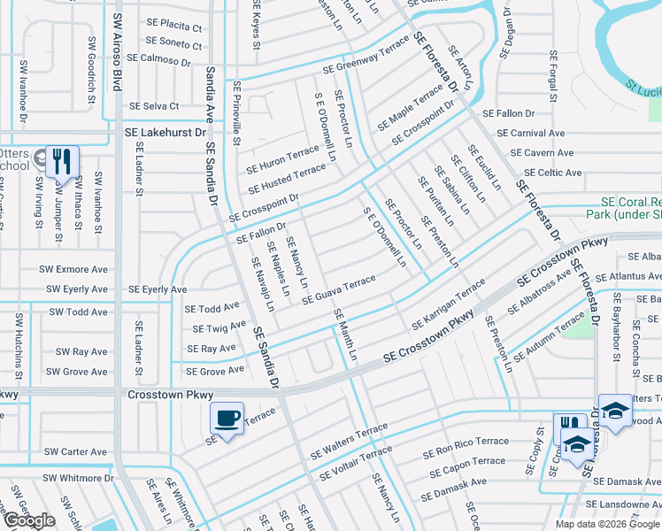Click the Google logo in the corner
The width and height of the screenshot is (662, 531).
click(29, 520)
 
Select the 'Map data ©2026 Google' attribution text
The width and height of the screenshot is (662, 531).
click(607, 523)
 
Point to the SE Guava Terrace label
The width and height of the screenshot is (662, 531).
click(339, 289)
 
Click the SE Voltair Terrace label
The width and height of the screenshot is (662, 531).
click(357, 463)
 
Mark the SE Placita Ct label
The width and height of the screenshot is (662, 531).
click(173, 27)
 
